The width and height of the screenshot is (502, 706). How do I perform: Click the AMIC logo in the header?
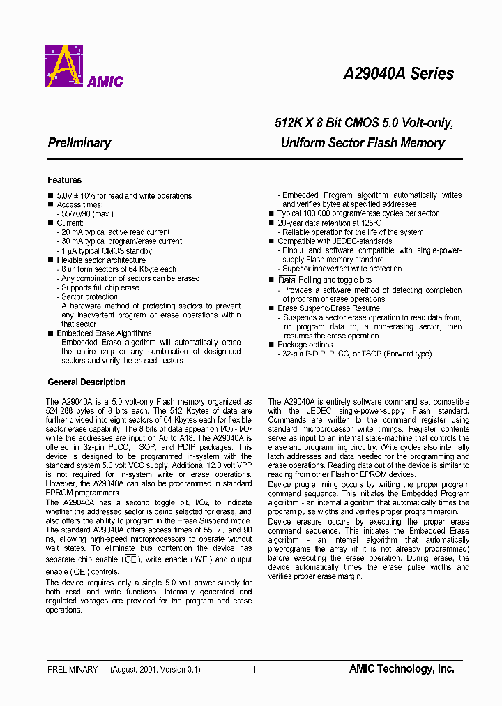pos(84,66)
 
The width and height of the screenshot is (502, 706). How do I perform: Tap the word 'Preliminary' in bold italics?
pos(79,143)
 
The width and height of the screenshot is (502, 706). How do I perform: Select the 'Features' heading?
pos(64,180)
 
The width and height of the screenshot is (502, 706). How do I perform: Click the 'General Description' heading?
pos(86,382)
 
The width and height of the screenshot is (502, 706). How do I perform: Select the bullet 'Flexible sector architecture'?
pos(101,260)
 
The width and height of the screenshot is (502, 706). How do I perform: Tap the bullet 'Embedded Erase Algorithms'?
pos(104,333)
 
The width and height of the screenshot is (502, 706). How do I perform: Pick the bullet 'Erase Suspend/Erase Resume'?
pos(328,308)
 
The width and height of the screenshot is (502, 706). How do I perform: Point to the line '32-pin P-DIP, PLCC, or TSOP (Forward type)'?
pos(357,354)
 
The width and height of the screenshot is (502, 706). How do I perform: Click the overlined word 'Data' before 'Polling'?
pos(287,280)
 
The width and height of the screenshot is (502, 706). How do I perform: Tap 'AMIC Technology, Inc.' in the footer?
pos(402,669)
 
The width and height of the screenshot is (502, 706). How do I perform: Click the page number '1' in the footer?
pos(254,670)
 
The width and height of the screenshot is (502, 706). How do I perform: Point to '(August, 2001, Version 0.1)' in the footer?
pos(155,670)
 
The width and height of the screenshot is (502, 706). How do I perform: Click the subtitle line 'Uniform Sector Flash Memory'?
pos(363,143)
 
